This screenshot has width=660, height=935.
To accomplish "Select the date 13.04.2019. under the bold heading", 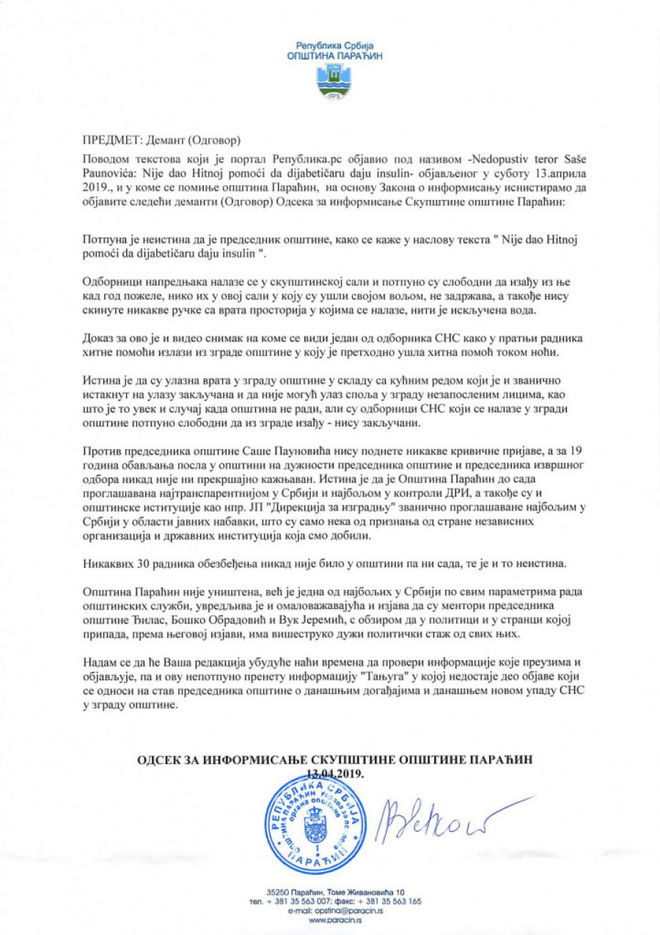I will (334, 772).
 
